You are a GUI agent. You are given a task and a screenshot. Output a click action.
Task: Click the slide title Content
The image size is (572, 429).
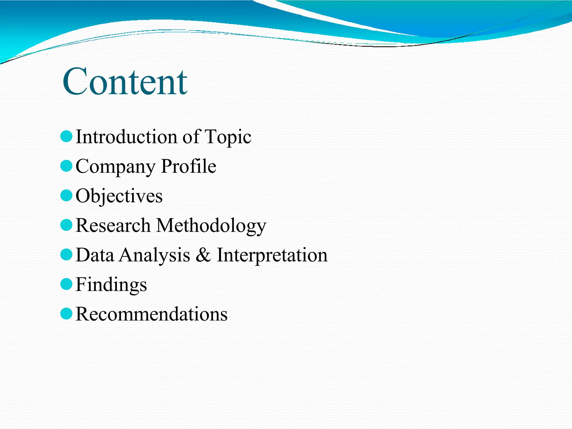click(x=125, y=82)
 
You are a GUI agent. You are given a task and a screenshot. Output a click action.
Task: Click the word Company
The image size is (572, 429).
click(x=115, y=167)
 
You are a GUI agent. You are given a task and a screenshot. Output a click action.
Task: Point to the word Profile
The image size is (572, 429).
click(x=189, y=166)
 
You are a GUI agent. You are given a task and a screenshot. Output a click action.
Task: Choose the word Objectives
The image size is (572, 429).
click(x=119, y=196)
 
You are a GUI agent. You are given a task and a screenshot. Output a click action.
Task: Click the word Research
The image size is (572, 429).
click(x=113, y=225)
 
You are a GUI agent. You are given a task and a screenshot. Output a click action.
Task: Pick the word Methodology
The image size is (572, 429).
click(x=211, y=226)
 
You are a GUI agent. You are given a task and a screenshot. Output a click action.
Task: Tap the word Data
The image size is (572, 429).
click(x=95, y=255)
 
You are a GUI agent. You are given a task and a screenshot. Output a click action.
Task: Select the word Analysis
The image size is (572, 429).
click(x=155, y=255)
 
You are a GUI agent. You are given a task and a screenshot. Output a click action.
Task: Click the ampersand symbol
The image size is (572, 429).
click(x=203, y=255)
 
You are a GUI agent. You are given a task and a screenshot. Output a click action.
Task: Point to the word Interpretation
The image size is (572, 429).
click(x=272, y=255)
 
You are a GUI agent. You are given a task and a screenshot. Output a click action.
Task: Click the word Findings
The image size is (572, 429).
click(x=111, y=285)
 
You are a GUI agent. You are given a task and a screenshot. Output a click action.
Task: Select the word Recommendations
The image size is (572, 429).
click(x=151, y=314)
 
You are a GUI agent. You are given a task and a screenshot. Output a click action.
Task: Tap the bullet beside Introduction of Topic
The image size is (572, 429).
click(x=66, y=137)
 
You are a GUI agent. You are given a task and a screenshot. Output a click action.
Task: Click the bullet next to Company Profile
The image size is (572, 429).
click(x=66, y=166)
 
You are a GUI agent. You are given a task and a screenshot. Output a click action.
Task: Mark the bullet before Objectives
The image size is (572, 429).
click(x=66, y=196)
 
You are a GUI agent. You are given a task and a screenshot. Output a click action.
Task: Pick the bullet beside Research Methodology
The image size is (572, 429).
click(x=66, y=225)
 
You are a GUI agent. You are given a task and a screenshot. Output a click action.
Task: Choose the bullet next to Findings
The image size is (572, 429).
click(x=66, y=284)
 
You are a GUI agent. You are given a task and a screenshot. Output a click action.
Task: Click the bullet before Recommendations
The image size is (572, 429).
click(x=66, y=314)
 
